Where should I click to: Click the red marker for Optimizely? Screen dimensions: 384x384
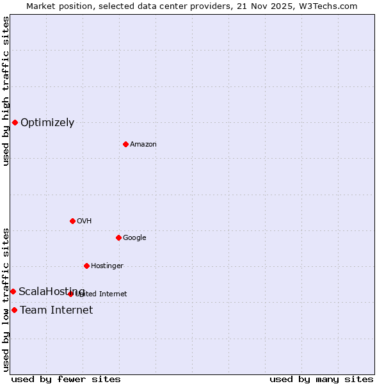pos(15,122)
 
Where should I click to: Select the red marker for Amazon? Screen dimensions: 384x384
pos(125,144)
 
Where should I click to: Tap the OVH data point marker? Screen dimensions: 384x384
pos(72,221)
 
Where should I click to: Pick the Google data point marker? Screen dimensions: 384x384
pos(118,237)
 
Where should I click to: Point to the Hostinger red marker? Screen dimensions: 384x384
pos(86,266)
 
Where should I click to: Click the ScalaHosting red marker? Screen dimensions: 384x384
pos(13,291)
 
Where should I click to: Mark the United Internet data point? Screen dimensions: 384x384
pos(70,294)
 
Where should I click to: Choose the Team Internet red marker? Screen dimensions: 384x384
pos(14,310)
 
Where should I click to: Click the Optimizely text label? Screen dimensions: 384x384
pos(47,123)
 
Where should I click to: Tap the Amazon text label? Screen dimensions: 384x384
pos(143,145)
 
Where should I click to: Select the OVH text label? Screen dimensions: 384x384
pos(84,221)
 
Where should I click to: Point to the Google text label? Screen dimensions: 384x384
pos(134,238)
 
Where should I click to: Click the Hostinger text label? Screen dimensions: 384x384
pos(107,266)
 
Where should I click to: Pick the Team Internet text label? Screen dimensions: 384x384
pos(56,310)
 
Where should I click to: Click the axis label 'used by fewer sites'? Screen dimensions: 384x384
pos(66,379)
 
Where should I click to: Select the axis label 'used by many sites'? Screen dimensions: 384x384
pos(321,379)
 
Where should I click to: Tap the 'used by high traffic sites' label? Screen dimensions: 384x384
pos(6,91)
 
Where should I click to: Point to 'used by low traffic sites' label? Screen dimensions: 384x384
pos(6,300)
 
